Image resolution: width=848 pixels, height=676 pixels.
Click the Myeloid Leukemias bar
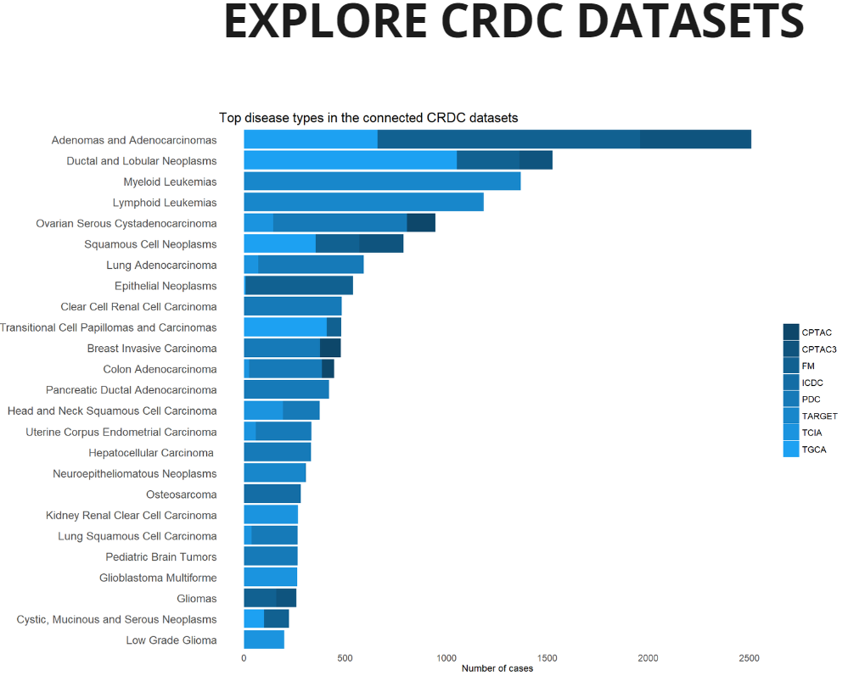click(x=382, y=181)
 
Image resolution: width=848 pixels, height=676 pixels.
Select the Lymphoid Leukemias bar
click(x=363, y=202)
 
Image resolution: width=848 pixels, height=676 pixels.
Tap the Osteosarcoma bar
click(x=272, y=494)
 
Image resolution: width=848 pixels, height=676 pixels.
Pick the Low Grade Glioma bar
click(x=264, y=640)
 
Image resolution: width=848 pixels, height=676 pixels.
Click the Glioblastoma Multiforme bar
click(x=271, y=577)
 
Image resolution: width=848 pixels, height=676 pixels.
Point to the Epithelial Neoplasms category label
click(x=166, y=286)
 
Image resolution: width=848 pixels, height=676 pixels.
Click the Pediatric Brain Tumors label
click(x=161, y=556)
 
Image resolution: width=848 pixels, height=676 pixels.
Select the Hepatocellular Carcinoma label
click(x=151, y=453)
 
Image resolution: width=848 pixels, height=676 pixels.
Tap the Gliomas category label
click(x=197, y=598)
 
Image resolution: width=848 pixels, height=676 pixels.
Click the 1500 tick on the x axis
click(x=547, y=658)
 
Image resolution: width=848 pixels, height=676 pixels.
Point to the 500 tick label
click(x=345, y=658)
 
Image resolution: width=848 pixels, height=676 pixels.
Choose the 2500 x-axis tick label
click(x=749, y=658)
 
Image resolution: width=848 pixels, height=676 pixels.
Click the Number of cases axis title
click(x=497, y=668)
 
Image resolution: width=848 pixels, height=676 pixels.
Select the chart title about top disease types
click(x=368, y=118)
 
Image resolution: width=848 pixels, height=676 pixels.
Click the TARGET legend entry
click(x=810, y=416)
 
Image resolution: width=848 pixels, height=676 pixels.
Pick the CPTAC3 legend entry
click(x=810, y=349)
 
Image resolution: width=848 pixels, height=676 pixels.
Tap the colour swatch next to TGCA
click(x=791, y=449)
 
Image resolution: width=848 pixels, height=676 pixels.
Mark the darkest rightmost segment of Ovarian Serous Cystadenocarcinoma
click(x=421, y=222)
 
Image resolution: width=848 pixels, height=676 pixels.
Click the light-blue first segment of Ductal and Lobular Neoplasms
click(x=351, y=160)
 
